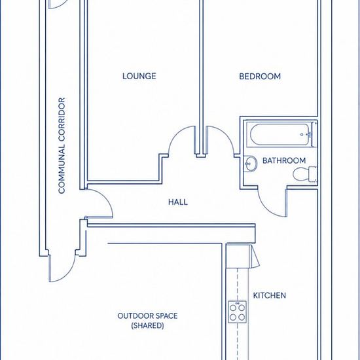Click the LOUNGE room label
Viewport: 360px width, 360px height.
tap(139, 76)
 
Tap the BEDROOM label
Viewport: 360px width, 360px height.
tap(260, 76)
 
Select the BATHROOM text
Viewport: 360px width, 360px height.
tap(284, 160)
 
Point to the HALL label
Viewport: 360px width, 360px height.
tap(178, 202)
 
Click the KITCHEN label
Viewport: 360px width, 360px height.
tap(270, 295)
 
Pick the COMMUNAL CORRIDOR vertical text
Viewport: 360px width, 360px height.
tap(62, 145)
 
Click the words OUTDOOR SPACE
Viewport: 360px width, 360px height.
tap(147, 315)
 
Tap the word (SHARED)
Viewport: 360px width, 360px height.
tap(147, 325)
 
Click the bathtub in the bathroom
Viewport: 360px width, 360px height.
tap(279, 134)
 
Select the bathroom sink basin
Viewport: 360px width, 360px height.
tap(250, 164)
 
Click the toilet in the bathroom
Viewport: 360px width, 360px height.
tap(305, 174)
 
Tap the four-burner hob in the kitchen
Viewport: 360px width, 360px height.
tap(237, 312)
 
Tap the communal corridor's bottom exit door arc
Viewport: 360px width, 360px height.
tap(67, 274)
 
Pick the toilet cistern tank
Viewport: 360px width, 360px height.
tap(313, 174)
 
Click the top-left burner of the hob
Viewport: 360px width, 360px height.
tap(233, 308)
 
